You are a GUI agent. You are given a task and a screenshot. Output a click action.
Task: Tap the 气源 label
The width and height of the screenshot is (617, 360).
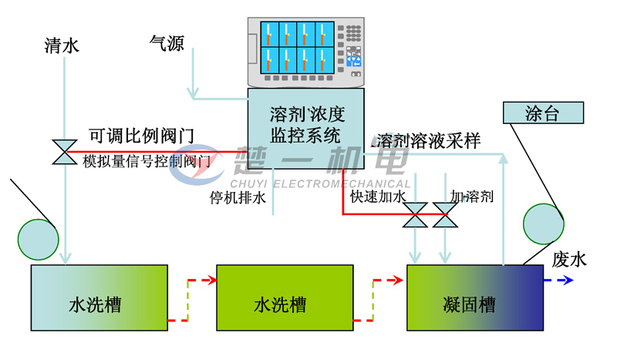[x=167, y=43]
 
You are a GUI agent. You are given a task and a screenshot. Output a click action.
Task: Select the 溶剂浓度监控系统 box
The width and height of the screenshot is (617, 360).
[x=305, y=126]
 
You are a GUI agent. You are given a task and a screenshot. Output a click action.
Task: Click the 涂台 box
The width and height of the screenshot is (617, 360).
[x=542, y=113]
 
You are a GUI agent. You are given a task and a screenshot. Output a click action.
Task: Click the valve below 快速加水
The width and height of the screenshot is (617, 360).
[x=416, y=214]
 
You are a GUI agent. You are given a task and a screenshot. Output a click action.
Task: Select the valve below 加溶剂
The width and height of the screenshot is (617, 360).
[x=444, y=214]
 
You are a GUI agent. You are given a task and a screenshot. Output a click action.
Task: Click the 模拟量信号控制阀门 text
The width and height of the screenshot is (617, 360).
[x=147, y=161]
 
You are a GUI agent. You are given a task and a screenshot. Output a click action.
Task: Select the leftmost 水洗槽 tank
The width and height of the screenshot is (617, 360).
[x=99, y=298]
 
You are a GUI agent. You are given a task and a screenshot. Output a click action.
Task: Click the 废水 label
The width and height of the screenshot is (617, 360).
[x=569, y=259]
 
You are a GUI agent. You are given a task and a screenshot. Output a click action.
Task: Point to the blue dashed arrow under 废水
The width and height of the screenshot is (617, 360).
[x=558, y=281]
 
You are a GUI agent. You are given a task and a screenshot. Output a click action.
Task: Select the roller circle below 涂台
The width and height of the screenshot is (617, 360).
[x=544, y=224]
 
